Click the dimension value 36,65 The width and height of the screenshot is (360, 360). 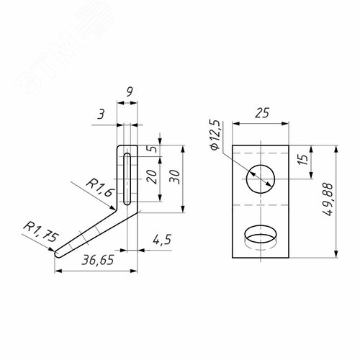point(98,260)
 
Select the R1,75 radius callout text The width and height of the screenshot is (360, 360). point(41,232)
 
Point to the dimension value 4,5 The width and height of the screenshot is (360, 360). point(162,240)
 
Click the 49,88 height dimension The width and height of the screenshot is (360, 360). point(327,199)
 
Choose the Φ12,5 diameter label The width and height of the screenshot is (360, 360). point(215,135)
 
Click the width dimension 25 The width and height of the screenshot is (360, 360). point(261,113)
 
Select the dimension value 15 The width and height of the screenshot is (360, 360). point(302,159)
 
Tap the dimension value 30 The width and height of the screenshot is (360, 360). point(174,176)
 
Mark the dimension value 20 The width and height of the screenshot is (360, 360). point(151,176)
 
